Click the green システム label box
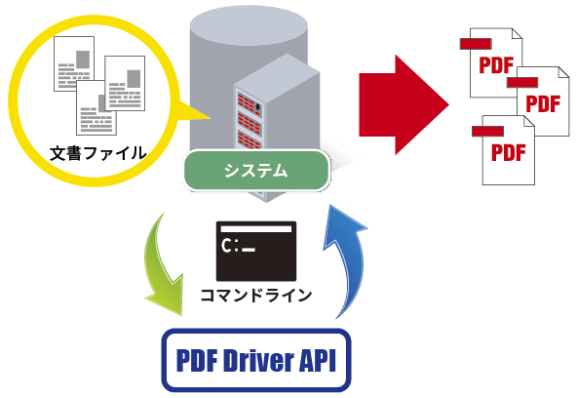(x=255, y=171)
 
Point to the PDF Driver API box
(x=254, y=362)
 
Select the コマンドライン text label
(x=255, y=294)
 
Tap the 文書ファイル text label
(x=98, y=153)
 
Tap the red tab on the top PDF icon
(x=474, y=43)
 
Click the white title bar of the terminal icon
(x=255, y=228)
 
